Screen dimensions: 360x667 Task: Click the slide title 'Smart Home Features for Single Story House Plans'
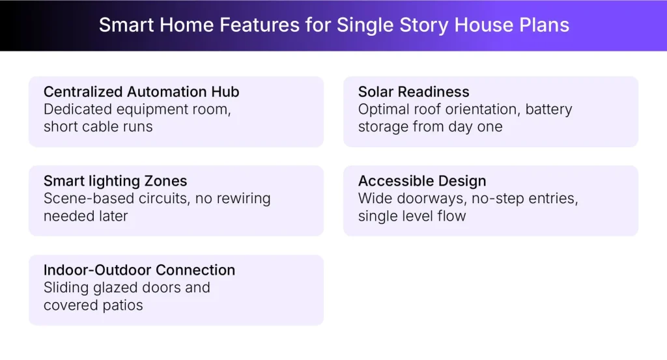[333, 25]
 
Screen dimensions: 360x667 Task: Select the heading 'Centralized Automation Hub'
[141, 92]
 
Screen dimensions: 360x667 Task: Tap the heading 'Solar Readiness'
[414, 92]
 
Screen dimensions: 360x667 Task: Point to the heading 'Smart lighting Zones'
[115, 181]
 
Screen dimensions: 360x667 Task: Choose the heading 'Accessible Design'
[422, 181]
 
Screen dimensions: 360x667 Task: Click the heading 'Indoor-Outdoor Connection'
[139, 270]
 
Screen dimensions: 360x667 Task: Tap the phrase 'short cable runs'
[98, 126]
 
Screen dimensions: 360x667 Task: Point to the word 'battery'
[548, 109]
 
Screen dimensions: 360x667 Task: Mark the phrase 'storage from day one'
[430, 126]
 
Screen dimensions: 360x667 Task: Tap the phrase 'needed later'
[85, 215]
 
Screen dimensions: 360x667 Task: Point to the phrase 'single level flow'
[412, 215]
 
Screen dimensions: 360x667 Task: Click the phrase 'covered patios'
[93, 305]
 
